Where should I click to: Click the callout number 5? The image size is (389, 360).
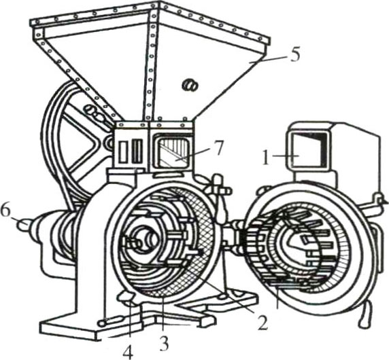pos(294,55)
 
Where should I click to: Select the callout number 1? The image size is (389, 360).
pos(266,157)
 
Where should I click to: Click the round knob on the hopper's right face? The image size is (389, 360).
pos(190,85)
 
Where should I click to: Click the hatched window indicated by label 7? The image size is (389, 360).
pos(172,151)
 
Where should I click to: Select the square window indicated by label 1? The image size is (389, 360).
pos(307,150)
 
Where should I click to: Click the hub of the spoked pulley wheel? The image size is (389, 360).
pos(109,142)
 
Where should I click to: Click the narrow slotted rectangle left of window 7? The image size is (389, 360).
pos(137,151)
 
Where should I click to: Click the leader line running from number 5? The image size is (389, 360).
pos(268,60)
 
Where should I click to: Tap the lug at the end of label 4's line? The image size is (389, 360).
pos(126,299)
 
